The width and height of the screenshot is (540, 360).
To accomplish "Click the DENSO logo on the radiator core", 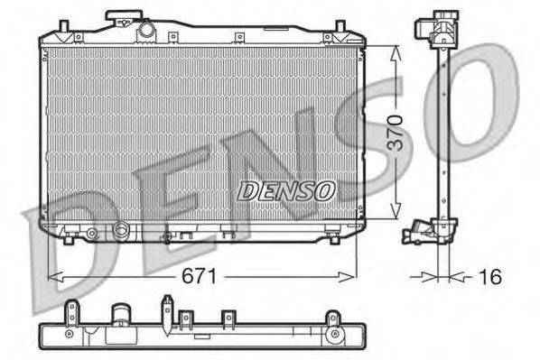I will pyautogui.click(x=286, y=190).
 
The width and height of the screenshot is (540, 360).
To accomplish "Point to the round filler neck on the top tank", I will pyautogui.click(x=146, y=31).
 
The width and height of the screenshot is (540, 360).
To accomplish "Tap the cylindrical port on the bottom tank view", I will pyautogui.click(x=120, y=318).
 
